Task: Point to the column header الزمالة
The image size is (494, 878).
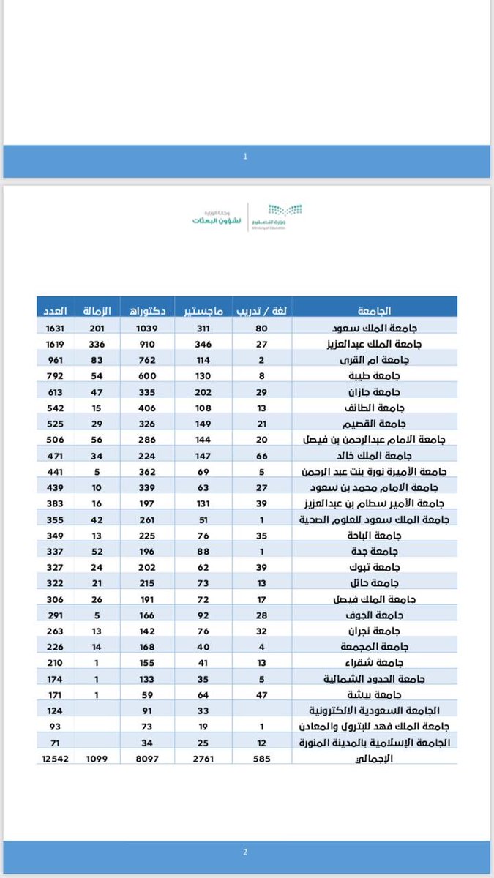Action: (98, 307)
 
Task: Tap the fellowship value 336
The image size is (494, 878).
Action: (98, 342)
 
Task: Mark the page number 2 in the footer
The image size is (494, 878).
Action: (246, 851)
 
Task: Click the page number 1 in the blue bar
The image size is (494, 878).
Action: (246, 156)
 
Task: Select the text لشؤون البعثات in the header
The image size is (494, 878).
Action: (213, 219)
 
